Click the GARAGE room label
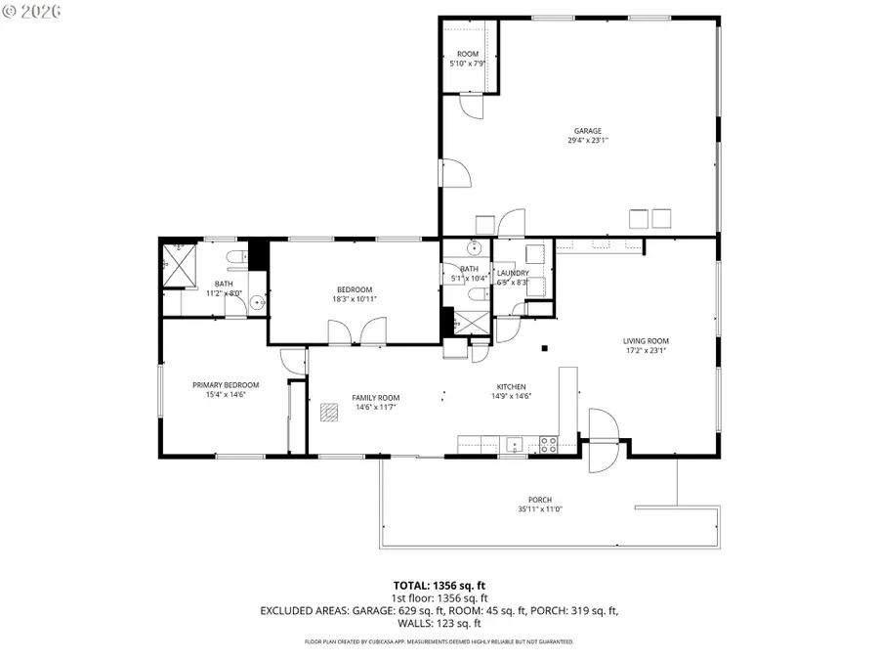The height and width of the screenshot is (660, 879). (587, 131)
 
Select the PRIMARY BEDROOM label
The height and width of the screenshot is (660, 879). (226, 385)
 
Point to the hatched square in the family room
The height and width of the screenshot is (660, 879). (328, 411)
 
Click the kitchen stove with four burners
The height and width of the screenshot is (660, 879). (548, 444)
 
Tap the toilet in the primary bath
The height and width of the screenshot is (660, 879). (235, 258)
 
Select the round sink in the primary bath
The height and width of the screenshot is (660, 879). (258, 303)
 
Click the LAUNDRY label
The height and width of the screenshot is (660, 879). (513, 273)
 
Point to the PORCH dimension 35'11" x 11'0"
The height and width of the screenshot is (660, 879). (539, 508)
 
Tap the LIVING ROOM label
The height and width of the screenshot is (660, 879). (646, 341)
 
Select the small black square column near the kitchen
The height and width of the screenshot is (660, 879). (545, 347)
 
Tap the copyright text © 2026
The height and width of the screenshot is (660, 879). (31, 12)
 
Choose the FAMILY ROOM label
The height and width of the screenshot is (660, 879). (375, 398)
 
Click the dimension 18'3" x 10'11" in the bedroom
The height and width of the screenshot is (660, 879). (355, 299)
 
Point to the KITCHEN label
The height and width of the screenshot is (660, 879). (511, 386)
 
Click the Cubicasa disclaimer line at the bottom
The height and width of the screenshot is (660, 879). (439, 642)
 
